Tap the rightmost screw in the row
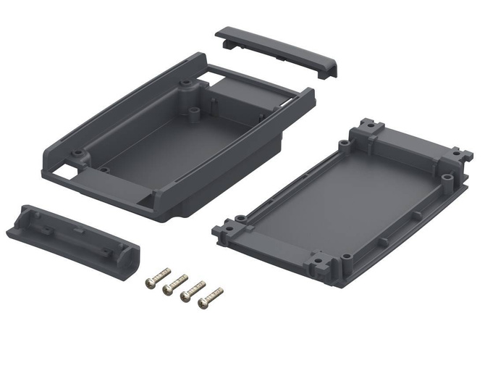(211, 296)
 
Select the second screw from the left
(175, 283)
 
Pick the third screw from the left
(193, 290)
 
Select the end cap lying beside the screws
(72, 240)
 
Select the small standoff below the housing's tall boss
(195, 112)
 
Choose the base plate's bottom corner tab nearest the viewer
(319, 264)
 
